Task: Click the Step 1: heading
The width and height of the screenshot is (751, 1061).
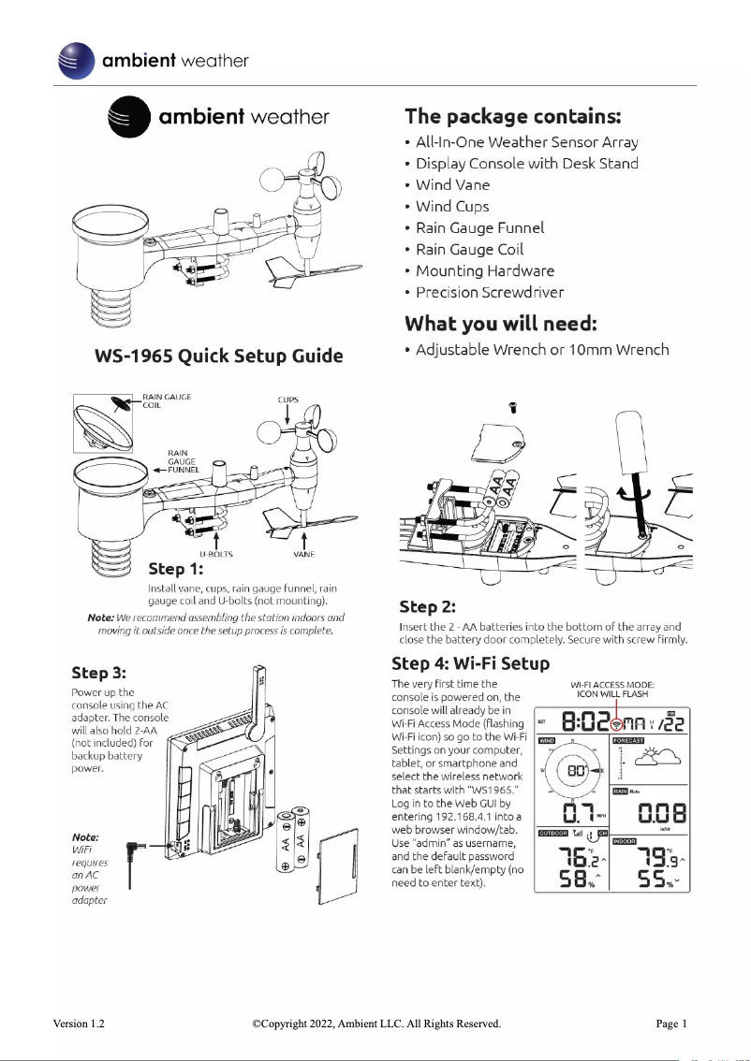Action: pyautogui.click(x=175, y=569)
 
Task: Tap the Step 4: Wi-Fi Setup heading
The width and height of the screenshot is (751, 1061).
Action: pyautogui.click(x=470, y=664)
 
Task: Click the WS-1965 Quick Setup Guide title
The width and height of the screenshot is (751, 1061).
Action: pyautogui.click(x=218, y=356)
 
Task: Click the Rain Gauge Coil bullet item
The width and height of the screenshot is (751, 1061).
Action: pyautogui.click(x=468, y=250)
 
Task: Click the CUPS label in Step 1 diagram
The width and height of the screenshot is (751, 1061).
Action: pyautogui.click(x=287, y=400)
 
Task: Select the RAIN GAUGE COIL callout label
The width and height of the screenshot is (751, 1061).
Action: pyautogui.click(x=167, y=401)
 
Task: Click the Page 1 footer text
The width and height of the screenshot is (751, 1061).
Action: pyautogui.click(x=671, y=1025)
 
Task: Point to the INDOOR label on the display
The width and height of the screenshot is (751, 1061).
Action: pyautogui.click(x=627, y=832)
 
